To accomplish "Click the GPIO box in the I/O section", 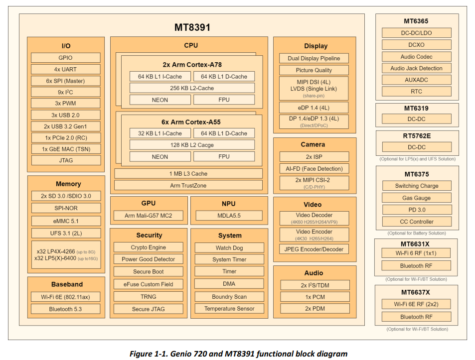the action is [x=65, y=58].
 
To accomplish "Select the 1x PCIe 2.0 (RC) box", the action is [x=66, y=137].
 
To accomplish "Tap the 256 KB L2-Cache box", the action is [x=192, y=88].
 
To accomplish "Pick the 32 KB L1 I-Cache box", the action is [x=160, y=133].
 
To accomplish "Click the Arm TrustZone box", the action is [x=188, y=185].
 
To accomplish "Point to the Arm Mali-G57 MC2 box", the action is [x=149, y=216].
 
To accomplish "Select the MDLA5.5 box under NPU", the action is [x=229, y=216].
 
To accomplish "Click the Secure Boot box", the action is [x=149, y=272].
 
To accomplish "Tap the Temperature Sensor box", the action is [x=229, y=309].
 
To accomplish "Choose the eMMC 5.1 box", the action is [x=66, y=221].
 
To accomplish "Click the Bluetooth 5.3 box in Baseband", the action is [x=65, y=309].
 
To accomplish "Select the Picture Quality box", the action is [x=314, y=70].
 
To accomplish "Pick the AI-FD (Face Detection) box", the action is [x=314, y=169].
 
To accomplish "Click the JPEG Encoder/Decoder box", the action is [x=314, y=249].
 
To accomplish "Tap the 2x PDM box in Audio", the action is [x=315, y=309].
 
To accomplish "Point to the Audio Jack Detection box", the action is [x=417, y=68].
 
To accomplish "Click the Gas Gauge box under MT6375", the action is [x=417, y=198].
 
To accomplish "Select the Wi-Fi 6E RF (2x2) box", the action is [x=416, y=304].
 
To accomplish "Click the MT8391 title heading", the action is [x=192, y=27].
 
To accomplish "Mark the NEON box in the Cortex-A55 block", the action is [x=160, y=157].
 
